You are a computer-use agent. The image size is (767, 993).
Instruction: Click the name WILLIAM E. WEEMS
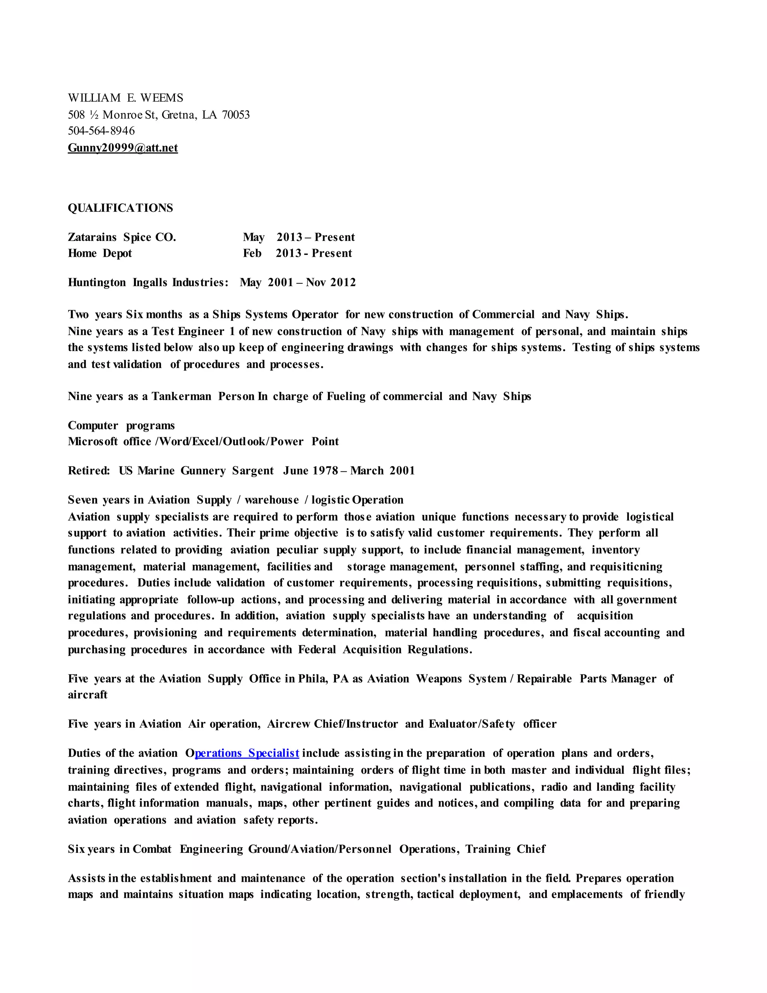click(125, 98)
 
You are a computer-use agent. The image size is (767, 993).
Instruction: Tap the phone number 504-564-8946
click(101, 131)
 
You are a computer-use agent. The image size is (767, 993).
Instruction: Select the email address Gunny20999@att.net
click(123, 148)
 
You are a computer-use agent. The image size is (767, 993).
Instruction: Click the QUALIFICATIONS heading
click(121, 208)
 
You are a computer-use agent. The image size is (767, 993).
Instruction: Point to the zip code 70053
click(236, 115)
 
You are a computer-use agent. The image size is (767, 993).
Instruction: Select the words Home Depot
click(100, 253)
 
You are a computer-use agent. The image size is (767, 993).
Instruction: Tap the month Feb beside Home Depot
click(252, 253)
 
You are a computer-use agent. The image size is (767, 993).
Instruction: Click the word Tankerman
click(181, 396)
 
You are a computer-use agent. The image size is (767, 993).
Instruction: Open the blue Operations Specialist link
click(247, 754)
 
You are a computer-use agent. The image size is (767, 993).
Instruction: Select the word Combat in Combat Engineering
click(152, 849)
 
